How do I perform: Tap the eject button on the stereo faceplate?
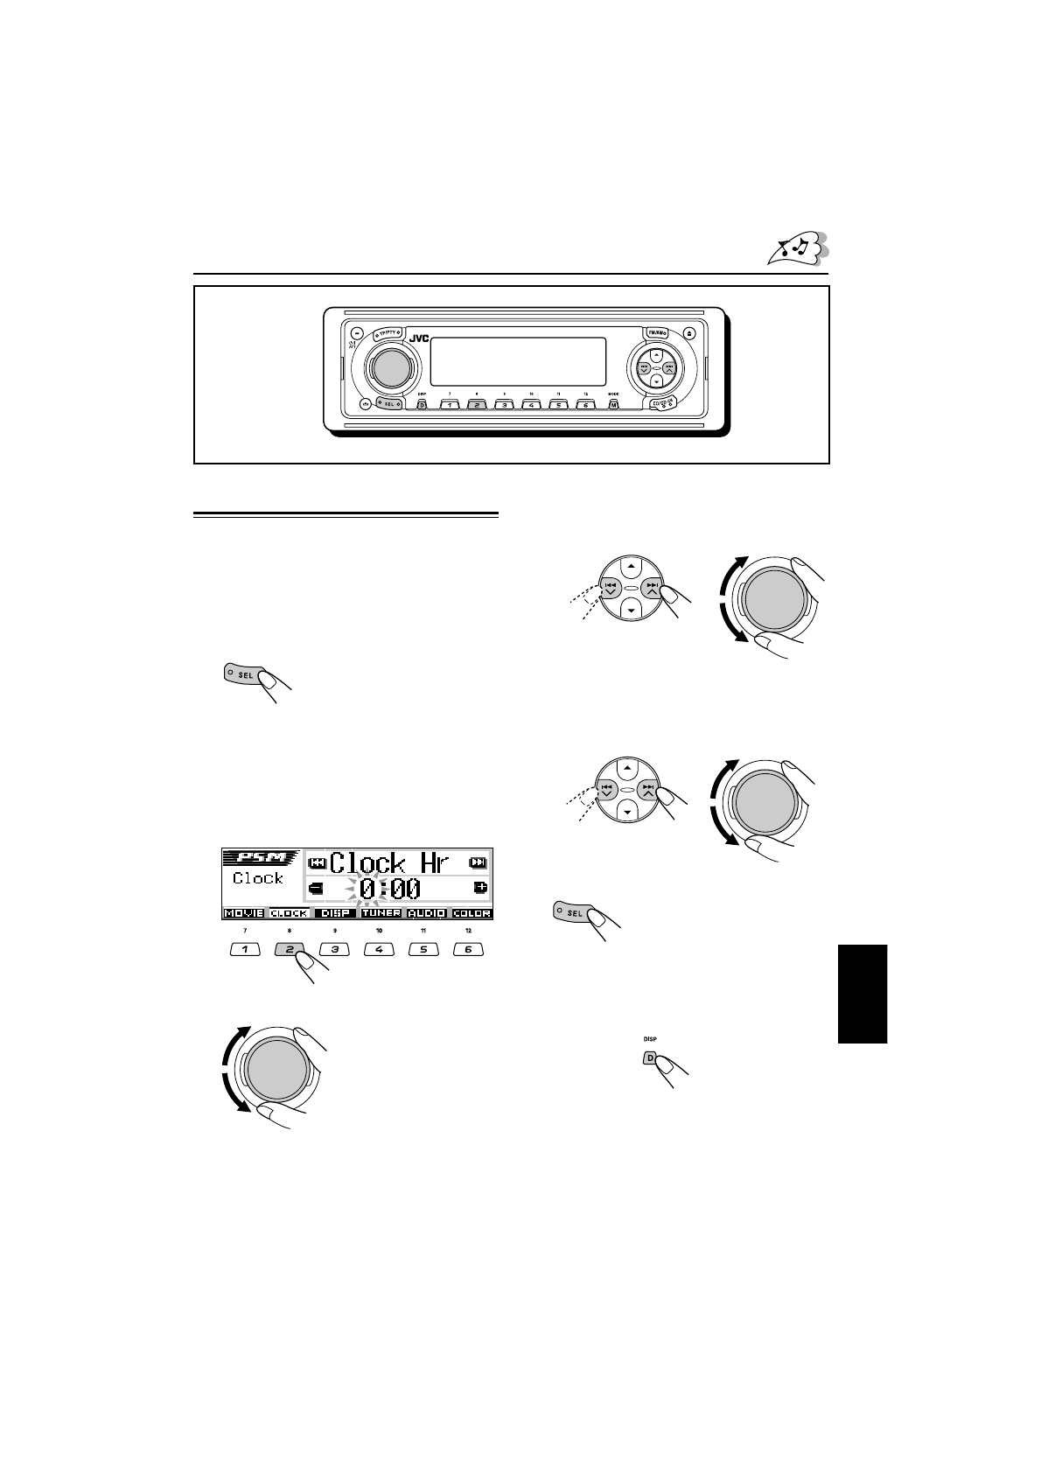point(689,333)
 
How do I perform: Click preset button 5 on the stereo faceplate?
point(557,405)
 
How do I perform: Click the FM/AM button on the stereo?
point(656,332)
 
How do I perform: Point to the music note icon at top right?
point(796,250)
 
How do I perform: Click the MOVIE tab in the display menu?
point(244,913)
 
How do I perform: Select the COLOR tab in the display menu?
point(472,913)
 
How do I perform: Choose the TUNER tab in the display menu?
point(381,913)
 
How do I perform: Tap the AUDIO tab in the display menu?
point(426,913)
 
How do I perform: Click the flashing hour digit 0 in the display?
point(369,890)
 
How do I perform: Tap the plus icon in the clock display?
point(480,888)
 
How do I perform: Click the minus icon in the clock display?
point(316,889)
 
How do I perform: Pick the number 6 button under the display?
point(468,949)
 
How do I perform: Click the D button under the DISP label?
point(650,1057)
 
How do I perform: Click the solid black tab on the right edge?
point(863,994)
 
